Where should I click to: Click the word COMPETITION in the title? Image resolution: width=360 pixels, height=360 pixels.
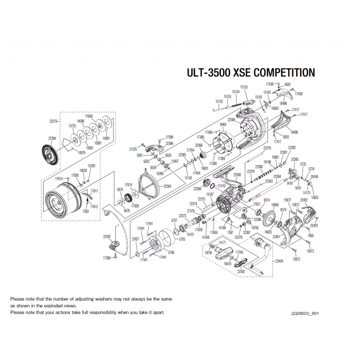point(279,73)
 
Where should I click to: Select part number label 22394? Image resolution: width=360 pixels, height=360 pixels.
point(52,139)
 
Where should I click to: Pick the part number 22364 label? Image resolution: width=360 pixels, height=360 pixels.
point(167,186)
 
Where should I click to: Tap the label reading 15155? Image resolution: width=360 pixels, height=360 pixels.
point(244,86)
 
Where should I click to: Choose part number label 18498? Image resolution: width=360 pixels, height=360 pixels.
point(294,132)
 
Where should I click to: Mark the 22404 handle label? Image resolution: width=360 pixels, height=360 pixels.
point(279,261)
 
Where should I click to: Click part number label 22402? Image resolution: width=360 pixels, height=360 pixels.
point(304,199)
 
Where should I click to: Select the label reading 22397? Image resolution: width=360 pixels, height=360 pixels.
point(107,236)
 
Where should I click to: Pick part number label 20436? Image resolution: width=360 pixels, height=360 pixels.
point(314,177)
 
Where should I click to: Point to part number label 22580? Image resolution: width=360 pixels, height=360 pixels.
point(237,174)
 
